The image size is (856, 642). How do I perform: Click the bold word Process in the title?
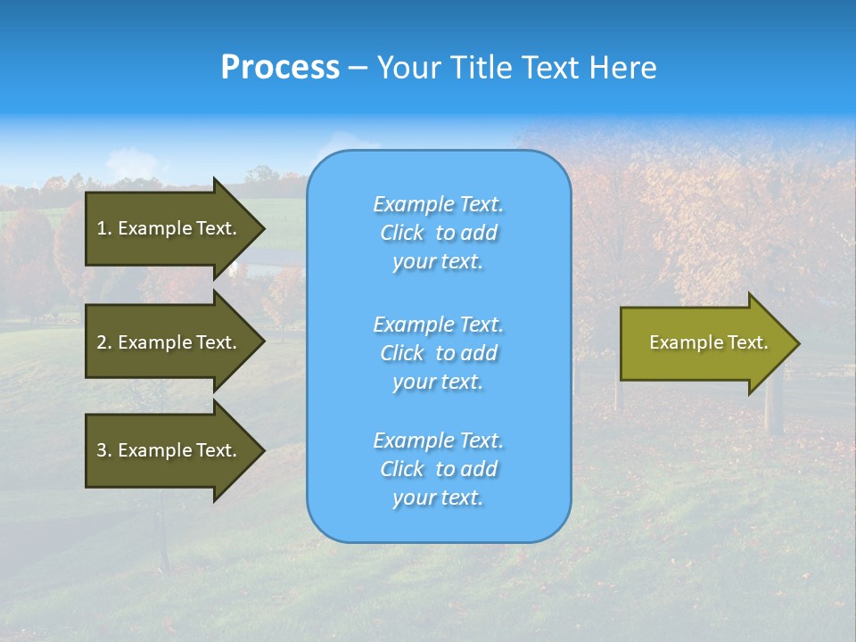tap(280, 68)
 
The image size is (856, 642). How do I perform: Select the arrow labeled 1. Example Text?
tap(169, 228)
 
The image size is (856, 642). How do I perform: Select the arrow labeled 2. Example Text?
tap(169, 342)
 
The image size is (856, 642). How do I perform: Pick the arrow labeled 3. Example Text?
tap(169, 450)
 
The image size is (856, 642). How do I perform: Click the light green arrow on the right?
tap(704, 342)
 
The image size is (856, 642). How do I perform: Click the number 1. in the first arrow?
tap(104, 228)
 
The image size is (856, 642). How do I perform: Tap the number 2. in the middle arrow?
tap(104, 342)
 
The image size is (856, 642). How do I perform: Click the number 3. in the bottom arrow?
tap(104, 450)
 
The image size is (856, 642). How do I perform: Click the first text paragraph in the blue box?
tap(438, 233)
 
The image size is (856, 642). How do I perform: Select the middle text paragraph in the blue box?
tap(438, 353)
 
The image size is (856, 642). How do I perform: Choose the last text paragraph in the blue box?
tap(438, 469)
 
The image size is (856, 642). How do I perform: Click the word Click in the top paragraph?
tap(402, 233)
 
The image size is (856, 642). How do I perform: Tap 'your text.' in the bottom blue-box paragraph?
tap(438, 498)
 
